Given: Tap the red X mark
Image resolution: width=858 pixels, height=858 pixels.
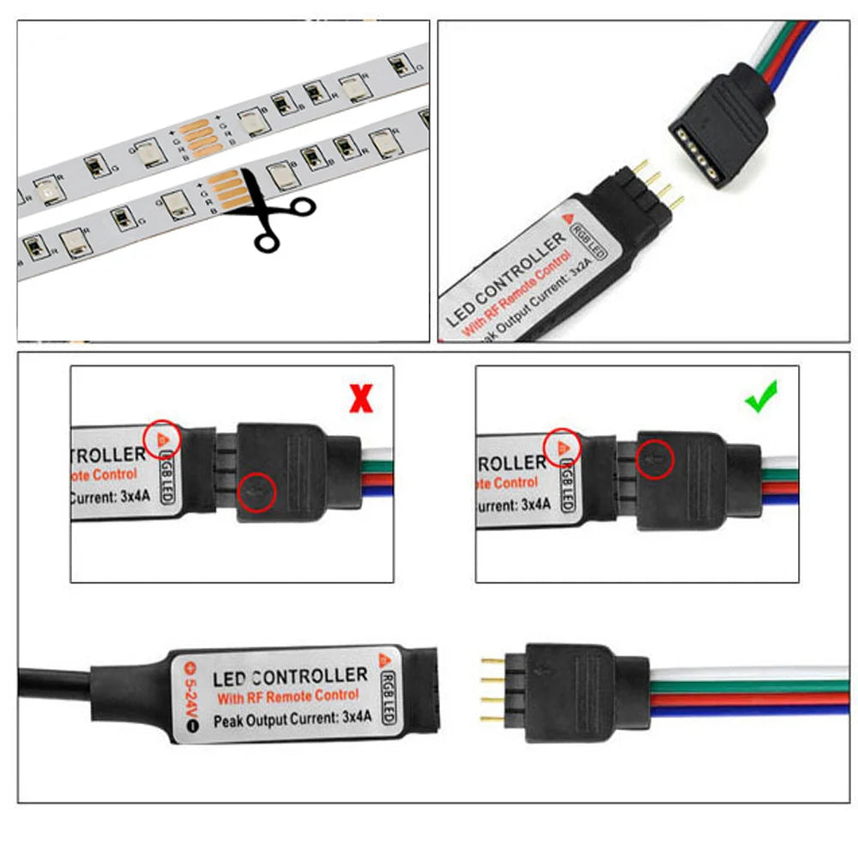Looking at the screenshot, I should (x=361, y=397).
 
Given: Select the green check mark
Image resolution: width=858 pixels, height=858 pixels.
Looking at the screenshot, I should (x=761, y=397).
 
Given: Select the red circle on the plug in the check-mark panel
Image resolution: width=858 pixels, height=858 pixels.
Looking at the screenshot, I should (x=655, y=458).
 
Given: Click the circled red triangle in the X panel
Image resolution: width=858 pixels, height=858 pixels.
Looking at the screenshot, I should (x=162, y=438).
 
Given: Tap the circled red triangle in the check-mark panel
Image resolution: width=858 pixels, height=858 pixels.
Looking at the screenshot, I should (x=563, y=446).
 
